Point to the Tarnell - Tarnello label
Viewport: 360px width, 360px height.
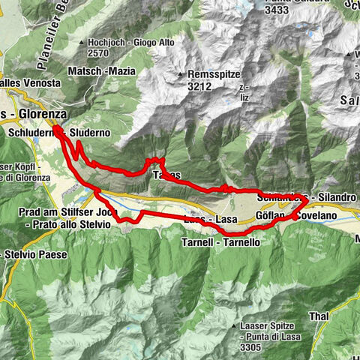(220, 243)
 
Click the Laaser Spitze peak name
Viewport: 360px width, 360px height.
(268, 326)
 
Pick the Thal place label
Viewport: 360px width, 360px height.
(318, 317)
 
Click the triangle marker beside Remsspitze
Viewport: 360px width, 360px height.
(181, 76)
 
